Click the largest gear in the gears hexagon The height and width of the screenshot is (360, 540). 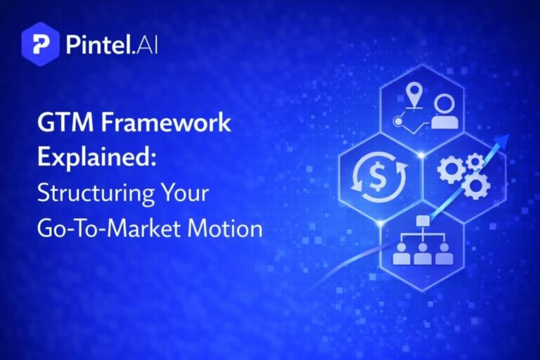(x=475, y=184)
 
